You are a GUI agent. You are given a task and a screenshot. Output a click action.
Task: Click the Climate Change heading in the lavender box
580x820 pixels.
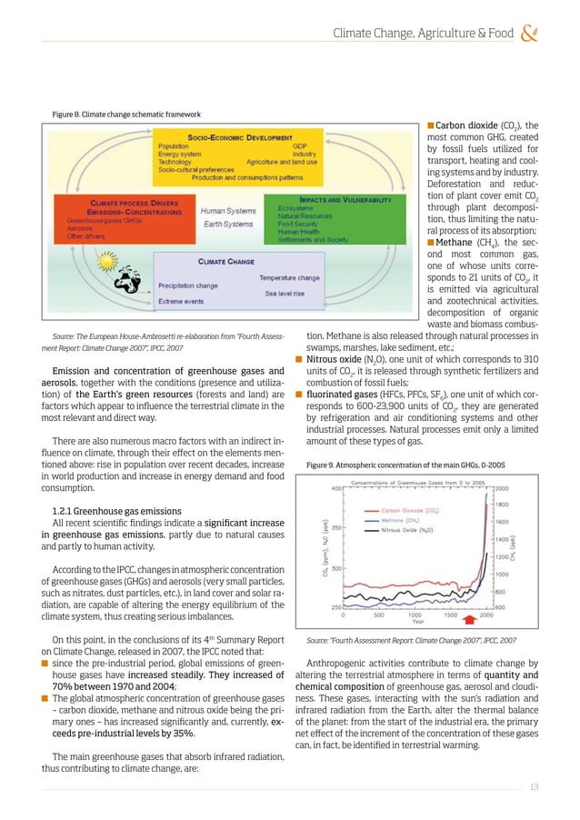coord(226,261)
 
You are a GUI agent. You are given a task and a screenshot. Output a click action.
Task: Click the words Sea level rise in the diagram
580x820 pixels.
coord(289,294)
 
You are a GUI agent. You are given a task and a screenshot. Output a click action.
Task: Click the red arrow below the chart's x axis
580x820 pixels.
coord(482,618)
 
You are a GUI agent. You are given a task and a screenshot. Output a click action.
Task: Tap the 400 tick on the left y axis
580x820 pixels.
coord(336,488)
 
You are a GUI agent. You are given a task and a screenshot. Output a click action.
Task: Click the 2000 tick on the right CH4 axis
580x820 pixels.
coord(501,488)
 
